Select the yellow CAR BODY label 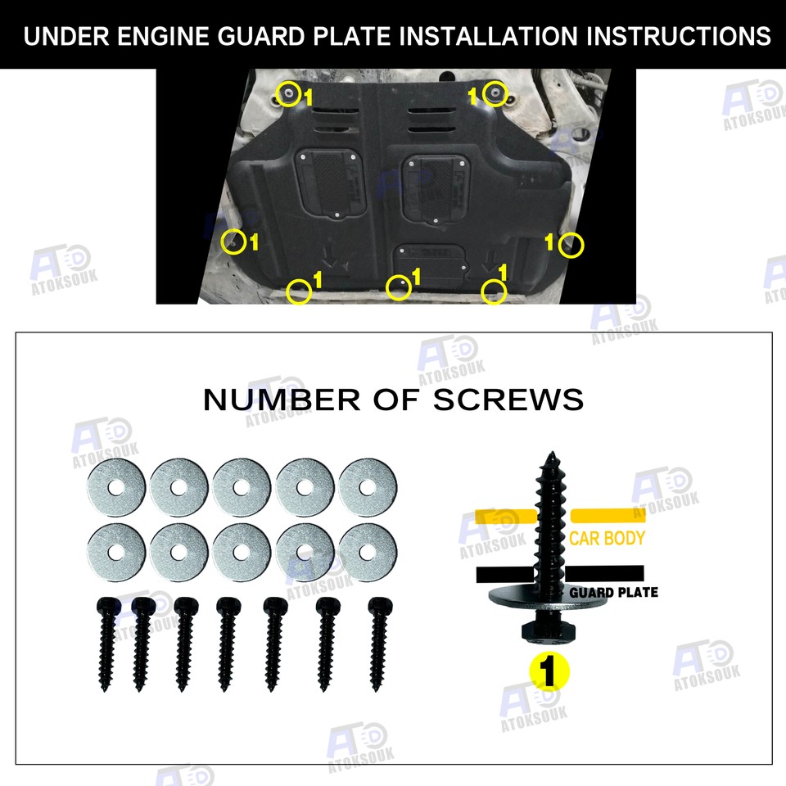(x=607, y=539)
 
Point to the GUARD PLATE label (x=613, y=592)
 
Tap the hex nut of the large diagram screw (x=542, y=631)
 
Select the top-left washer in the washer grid (x=115, y=487)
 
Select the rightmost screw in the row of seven (x=380, y=642)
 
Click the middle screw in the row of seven (x=228, y=644)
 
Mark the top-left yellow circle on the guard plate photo (x=287, y=93)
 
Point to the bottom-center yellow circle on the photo (x=399, y=287)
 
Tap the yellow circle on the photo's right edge (x=572, y=244)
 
